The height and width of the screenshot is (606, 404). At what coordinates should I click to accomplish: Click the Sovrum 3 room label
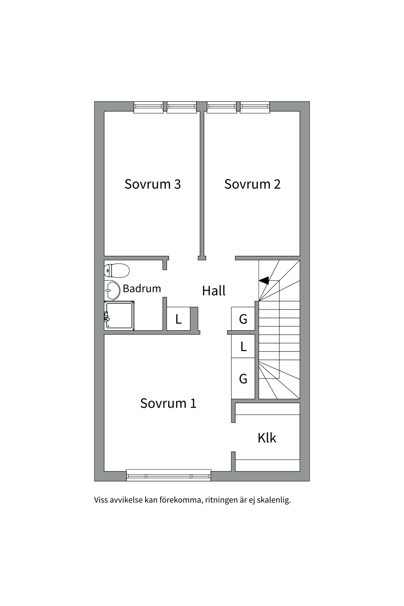[x=153, y=184]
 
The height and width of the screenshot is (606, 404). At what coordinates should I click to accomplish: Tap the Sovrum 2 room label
[x=252, y=184]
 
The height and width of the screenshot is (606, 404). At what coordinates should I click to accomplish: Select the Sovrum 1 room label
[x=168, y=403]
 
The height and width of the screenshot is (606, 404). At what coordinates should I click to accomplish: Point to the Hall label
[x=214, y=291]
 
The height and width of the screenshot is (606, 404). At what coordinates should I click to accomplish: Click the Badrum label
[x=142, y=288]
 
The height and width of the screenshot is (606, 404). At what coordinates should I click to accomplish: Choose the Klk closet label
[x=267, y=438]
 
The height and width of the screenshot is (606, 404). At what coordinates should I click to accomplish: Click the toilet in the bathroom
[x=117, y=270]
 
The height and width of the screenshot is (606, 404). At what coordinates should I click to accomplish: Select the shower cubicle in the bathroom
[x=119, y=316]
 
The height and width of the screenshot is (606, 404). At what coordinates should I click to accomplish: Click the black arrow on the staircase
[x=264, y=280]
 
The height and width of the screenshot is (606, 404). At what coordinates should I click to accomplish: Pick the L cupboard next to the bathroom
[x=178, y=319]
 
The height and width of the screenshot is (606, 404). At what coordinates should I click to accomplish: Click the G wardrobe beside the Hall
[x=243, y=319]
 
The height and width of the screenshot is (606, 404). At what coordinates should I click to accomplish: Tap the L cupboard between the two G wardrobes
[x=243, y=347]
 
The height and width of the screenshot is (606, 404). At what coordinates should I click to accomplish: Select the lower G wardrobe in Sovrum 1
[x=243, y=378]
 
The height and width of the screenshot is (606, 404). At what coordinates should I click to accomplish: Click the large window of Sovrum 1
[x=169, y=475]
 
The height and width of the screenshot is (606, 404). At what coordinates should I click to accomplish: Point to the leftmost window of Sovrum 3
[x=148, y=107]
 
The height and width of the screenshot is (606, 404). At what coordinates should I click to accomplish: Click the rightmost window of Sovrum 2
[x=255, y=107]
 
